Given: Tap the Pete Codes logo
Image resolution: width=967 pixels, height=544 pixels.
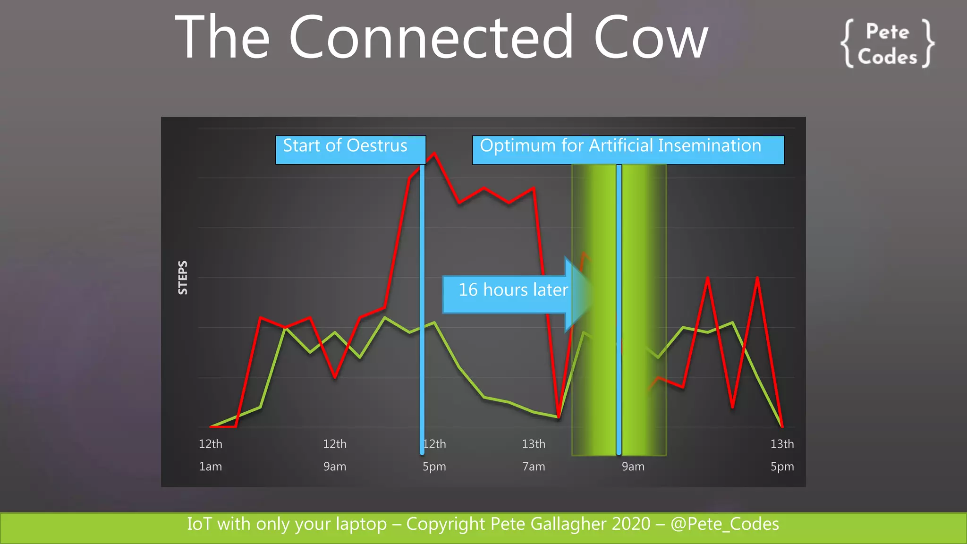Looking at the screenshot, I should click(887, 44).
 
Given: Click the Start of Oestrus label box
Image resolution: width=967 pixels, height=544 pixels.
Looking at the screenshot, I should click(350, 150).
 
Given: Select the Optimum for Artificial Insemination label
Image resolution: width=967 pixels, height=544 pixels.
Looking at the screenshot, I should click(628, 150).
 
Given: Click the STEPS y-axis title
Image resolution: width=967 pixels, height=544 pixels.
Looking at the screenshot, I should click(183, 278).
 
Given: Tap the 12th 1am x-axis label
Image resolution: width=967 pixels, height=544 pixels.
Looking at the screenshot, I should click(211, 455).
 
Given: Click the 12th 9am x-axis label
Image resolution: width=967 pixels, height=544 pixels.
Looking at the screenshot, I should click(335, 455).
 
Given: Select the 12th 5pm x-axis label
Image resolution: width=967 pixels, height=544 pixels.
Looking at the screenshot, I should click(434, 455).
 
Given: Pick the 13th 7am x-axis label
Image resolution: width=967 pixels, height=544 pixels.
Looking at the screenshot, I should click(534, 455).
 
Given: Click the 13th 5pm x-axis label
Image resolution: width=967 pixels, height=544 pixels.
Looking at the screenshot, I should click(782, 455).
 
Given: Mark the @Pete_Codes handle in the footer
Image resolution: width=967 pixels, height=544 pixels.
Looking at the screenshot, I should click(725, 524).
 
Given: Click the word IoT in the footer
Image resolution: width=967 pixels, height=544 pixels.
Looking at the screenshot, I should click(199, 524).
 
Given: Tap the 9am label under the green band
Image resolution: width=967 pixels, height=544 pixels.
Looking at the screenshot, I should click(633, 467).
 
